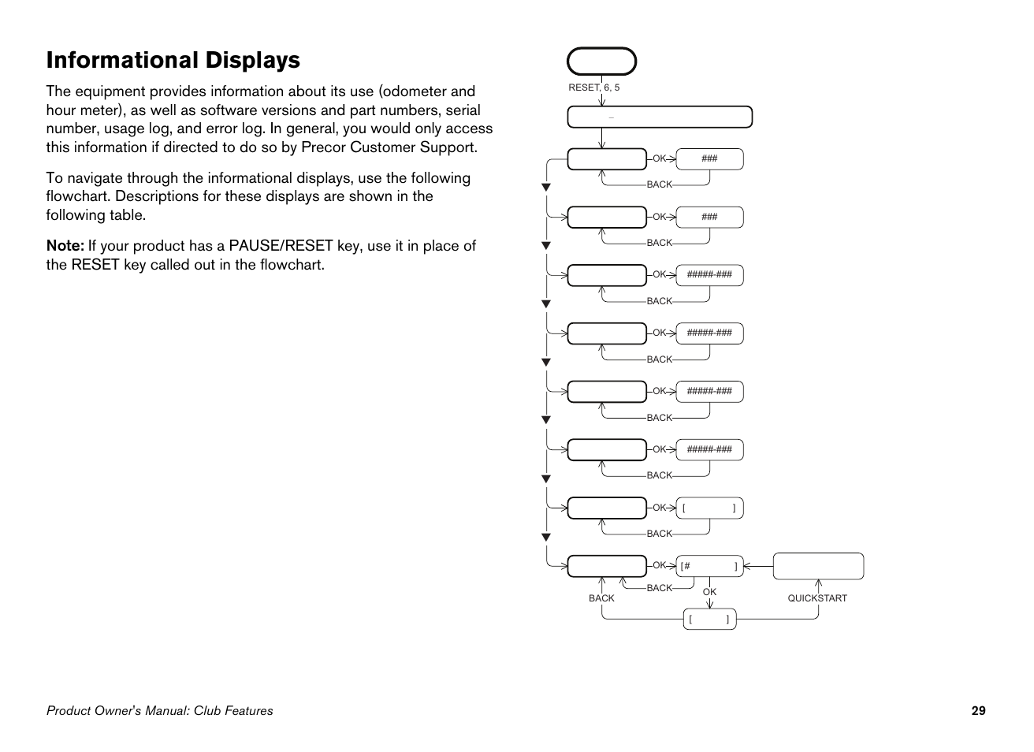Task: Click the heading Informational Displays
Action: tap(173, 61)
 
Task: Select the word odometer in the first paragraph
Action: tap(415, 91)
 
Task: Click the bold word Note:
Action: tap(65, 246)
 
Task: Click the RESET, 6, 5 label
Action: tap(593, 87)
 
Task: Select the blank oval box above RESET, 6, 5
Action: tap(601, 61)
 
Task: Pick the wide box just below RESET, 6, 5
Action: tap(660, 117)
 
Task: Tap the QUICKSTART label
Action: tap(817, 598)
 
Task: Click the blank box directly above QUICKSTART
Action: tap(818, 566)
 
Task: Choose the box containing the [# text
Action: tap(709, 566)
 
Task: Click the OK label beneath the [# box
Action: tap(709, 592)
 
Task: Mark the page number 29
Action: tap(978, 711)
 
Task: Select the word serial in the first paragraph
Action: tap(463, 110)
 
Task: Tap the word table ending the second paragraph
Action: tap(128, 215)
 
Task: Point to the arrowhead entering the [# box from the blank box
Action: tap(747, 566)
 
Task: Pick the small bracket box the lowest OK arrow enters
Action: tap(709, 620)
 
